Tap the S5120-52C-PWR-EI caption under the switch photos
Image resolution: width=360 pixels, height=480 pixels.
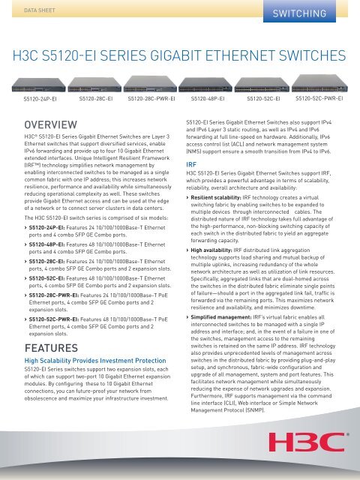point(319,98)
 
